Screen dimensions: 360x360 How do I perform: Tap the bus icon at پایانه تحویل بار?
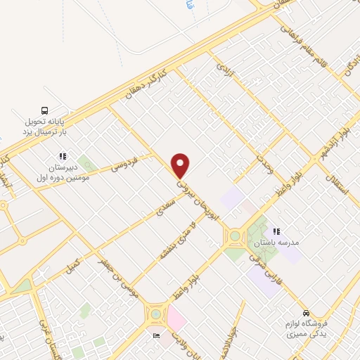click(x=45, y=110)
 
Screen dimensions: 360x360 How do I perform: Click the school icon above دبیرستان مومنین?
click(x=63, y=156)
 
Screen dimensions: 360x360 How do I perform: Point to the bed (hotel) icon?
click(x=156, y=336)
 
